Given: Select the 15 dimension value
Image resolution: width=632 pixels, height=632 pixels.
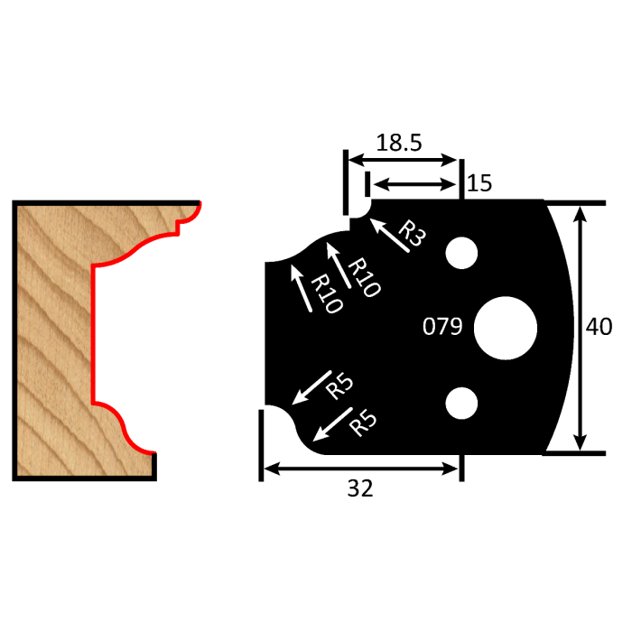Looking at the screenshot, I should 479,184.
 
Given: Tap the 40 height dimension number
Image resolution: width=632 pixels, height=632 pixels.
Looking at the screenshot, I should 599,327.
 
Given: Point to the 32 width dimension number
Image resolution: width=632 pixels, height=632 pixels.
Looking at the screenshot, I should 360,488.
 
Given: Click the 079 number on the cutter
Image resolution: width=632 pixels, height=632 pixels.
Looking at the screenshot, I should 442,327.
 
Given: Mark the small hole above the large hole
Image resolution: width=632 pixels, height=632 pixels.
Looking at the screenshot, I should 461,254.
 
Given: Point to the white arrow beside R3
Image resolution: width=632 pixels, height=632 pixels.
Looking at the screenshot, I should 386,237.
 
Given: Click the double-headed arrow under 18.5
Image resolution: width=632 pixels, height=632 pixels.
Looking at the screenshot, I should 404,160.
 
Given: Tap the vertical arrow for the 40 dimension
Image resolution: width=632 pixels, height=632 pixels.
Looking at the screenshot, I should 581,327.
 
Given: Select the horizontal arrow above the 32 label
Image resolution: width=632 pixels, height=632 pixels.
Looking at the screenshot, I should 360,468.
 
